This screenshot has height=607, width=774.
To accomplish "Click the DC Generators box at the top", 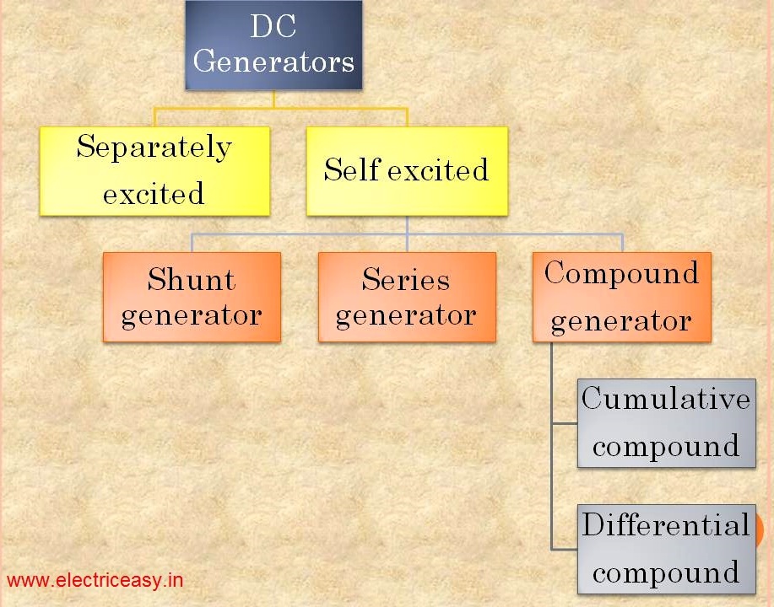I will pos(273,46).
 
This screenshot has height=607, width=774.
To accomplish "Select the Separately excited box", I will pos(154,170).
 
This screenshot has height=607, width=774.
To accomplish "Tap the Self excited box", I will pos(406,170).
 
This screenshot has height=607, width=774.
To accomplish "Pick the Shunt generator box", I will pos(192,297).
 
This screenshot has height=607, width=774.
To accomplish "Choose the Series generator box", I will pos(406,297).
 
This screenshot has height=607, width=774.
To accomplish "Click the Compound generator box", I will pos(621,297).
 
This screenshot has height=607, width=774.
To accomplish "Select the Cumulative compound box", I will pos(665,423).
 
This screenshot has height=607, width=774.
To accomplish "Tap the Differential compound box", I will pos(665,550).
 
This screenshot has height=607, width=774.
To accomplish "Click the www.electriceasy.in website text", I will pos(95,581).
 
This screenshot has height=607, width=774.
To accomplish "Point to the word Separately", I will pos(154,148).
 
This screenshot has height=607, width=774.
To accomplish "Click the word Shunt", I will pos(192,279).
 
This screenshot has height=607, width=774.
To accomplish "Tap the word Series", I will pos(406,279).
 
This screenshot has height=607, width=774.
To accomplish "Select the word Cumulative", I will pos(665,398).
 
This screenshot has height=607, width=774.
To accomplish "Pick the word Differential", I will pos(665,525).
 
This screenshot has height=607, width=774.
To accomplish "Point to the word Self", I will pos(352,170).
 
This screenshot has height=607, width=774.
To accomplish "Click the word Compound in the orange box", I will pos(621,273).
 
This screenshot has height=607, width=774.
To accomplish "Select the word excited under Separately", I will pos(154,195).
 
